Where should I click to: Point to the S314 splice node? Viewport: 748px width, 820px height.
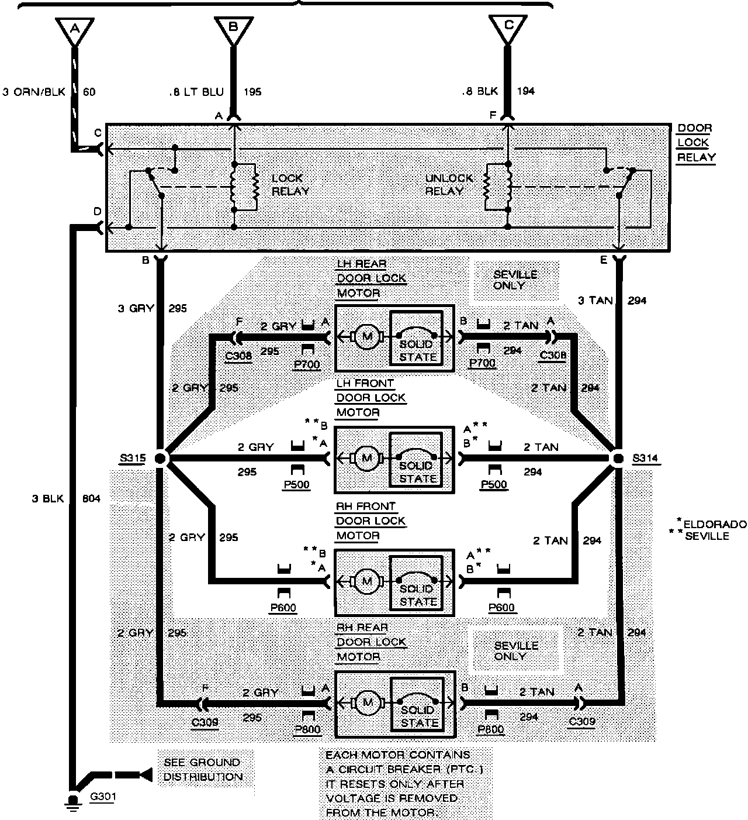[618, 458]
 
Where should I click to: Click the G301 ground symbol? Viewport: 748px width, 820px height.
[73, 801]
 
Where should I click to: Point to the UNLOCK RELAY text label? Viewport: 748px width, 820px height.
[448, 184]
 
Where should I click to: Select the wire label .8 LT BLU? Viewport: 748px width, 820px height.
[196, 92]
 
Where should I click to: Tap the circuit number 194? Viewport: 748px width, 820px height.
[525, 91]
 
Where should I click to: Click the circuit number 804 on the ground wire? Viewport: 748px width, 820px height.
[91, 499]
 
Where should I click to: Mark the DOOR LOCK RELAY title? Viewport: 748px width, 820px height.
[696, 143]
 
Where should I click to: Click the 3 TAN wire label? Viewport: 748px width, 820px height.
[595, 301]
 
